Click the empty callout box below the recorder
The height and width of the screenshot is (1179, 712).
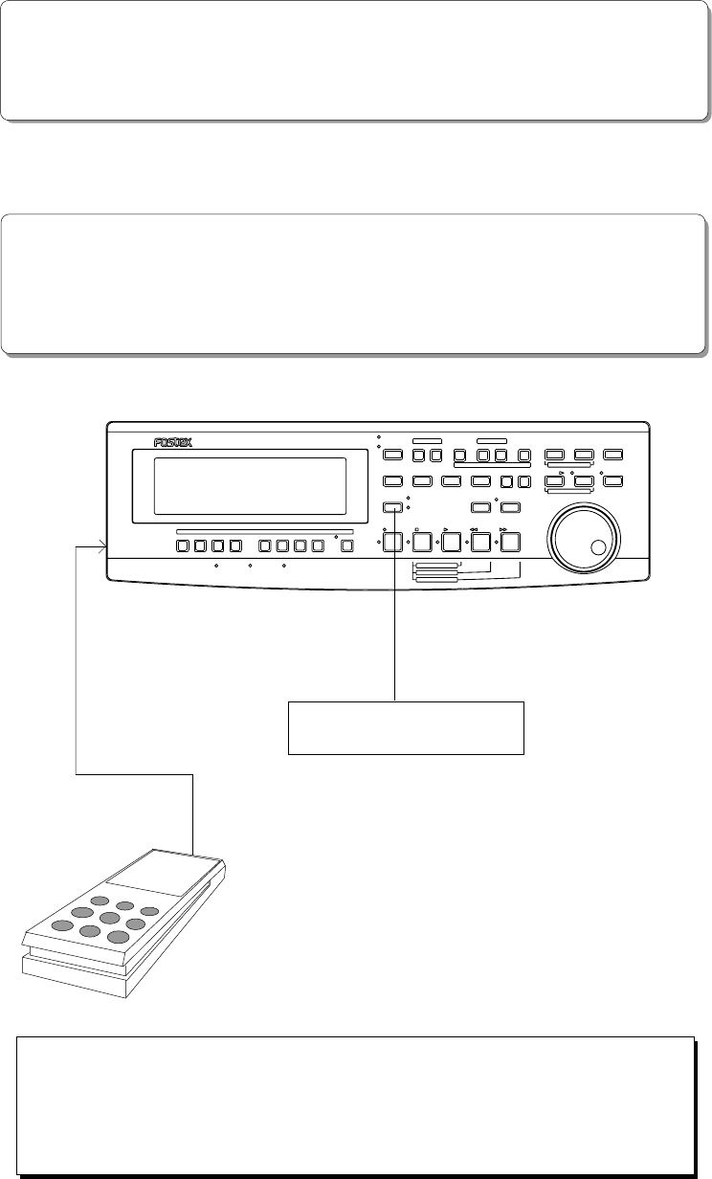click(407, 727)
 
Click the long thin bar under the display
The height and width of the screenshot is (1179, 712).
click(265, 531)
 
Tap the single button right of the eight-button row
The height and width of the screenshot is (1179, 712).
click(346, 547)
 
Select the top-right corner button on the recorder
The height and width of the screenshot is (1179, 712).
click(614, 455)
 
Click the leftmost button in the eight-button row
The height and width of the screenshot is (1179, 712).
click(183, 547)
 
